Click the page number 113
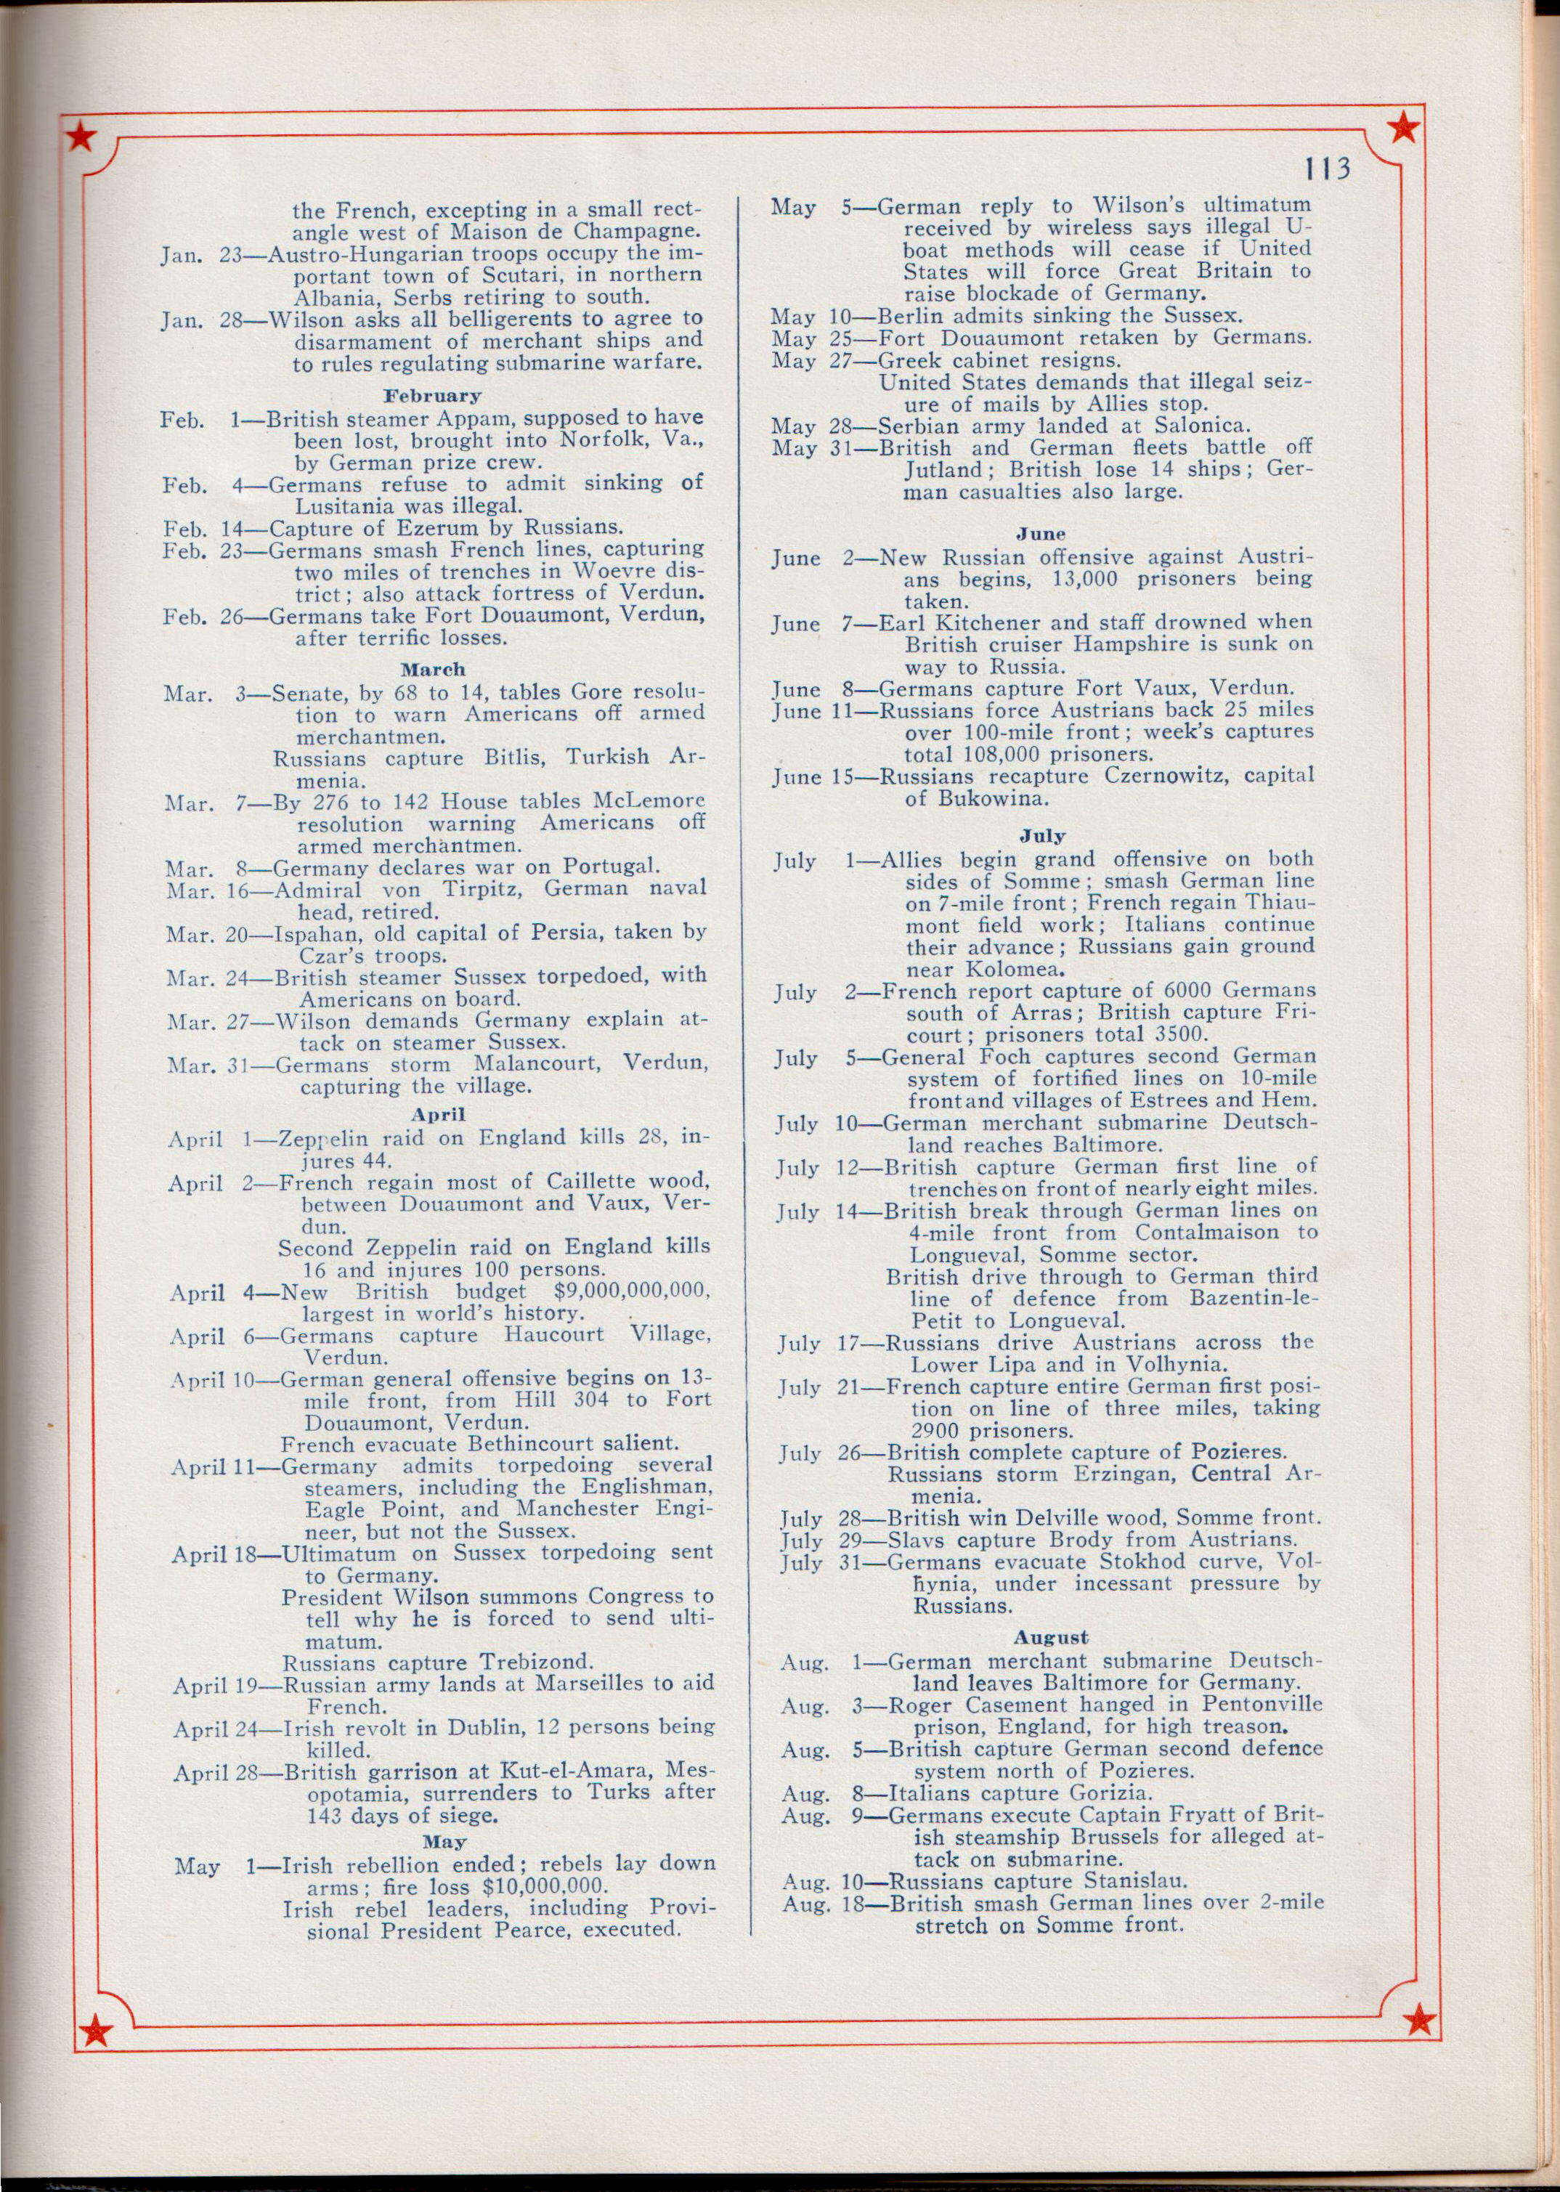tap(1328, 169)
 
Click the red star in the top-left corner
tap(81, 139)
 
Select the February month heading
tap(432, 396)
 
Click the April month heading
tap(438, 1114)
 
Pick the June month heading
tap(1041, 534)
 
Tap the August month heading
tap(1051, 1638)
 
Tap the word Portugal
tap(610, 866)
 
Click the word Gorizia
tap(1105, 1793)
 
